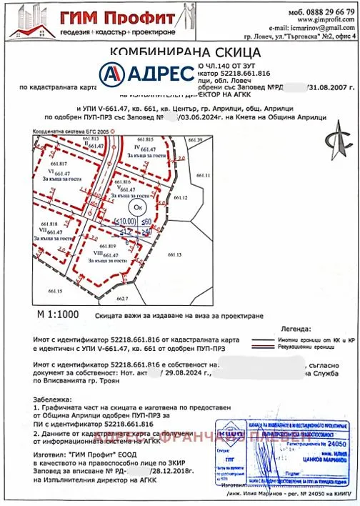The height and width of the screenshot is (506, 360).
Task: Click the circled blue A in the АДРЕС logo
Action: click(114, 73)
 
